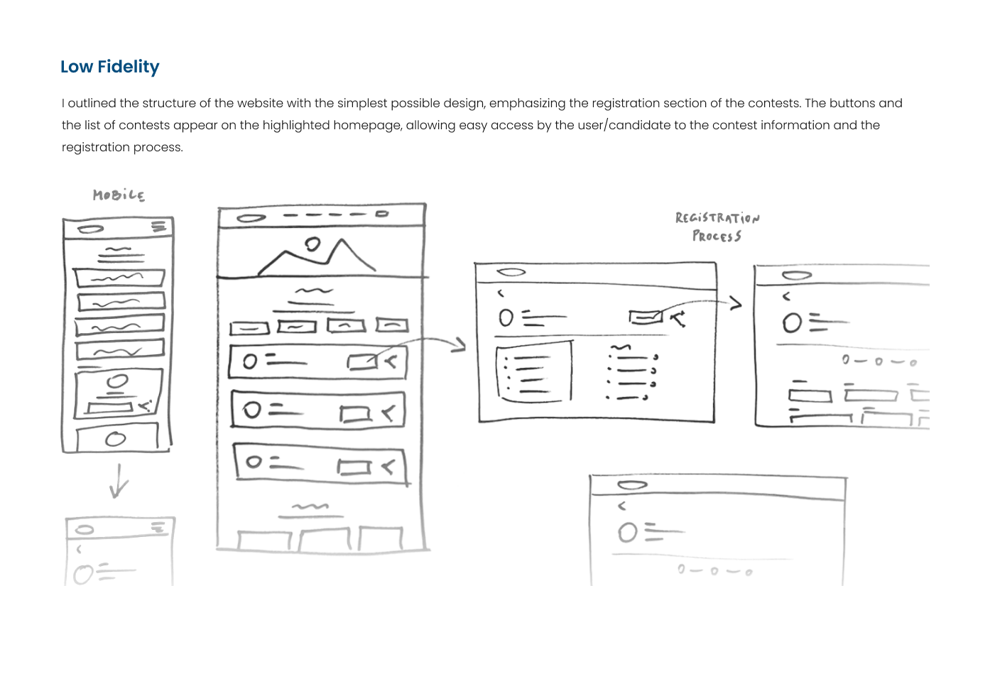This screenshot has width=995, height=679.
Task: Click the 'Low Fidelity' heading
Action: pyautogui.click(x=110, y=67)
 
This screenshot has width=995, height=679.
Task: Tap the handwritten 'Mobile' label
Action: pyautogui.click(x=119, y=195)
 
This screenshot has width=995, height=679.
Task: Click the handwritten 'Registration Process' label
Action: pyautogui.click(x=717, y=227)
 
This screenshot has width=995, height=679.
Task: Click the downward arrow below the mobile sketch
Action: pyautogui.click(x=119, y=481)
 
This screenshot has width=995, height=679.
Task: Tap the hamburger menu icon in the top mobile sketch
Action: pyautogui.click(x=159, y=227)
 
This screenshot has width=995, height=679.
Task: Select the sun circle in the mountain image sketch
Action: pyautogui.click(x=312, y=245)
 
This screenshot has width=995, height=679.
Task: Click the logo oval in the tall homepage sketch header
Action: pyautogui.click(x=251, y=218)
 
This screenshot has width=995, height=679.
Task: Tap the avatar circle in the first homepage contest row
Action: pyautogui.click(x=250, y=362)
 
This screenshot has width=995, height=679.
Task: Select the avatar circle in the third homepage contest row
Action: pyautogui.click(x=254, y=462)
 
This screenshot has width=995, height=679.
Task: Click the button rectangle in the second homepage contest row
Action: pyautogui.click(x=355, y=413)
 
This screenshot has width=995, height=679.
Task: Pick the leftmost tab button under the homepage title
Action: pyautogui.click(x=249, y=328)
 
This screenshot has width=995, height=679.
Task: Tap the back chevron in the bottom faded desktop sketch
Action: pyautogui.click(x=622, y=506)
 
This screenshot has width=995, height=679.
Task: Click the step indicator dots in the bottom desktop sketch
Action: pyautogui.click(x=714, y=570)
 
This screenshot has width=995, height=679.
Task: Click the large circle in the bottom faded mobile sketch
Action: pyautogui.click(x=84, y=574)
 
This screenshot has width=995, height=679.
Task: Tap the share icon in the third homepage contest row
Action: pyautogui.click(x=388, y=467)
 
